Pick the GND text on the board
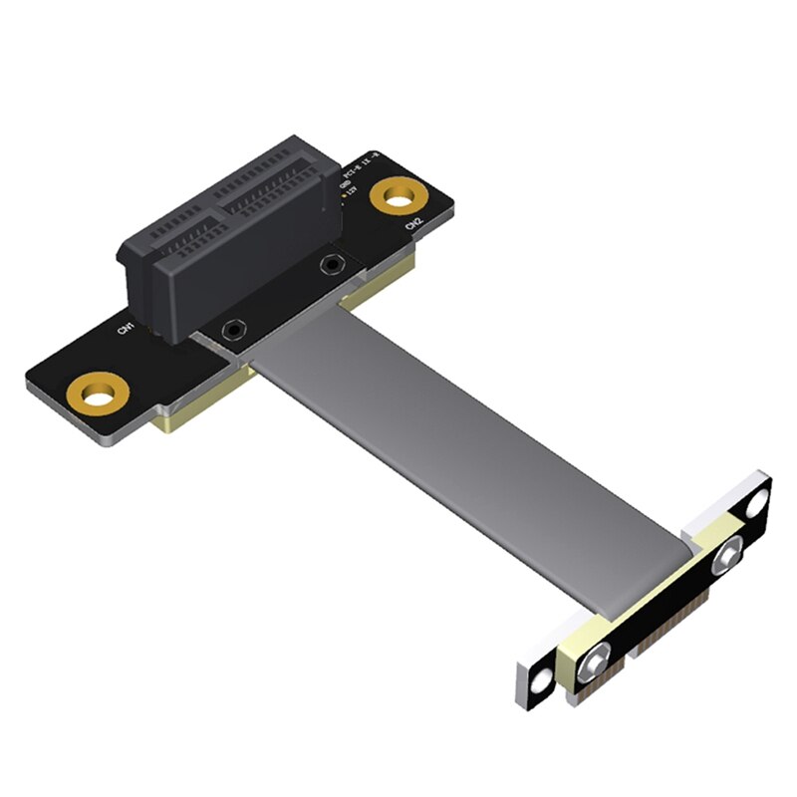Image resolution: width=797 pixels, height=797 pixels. [344, 182]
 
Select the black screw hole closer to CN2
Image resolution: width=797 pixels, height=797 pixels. [330, 264]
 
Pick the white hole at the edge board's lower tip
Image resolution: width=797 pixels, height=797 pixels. [541, 680]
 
